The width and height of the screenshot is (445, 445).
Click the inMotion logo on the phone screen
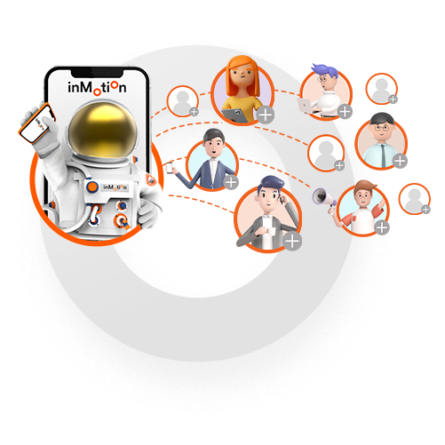[x=97, y=88]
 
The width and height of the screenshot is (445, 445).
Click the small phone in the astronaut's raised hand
[x=37, y=123]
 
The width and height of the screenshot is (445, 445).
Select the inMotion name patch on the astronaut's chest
[x=115, y=187]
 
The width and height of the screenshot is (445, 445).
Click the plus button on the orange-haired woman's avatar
[x=266, y=115]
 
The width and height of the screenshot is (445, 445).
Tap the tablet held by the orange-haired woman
[x=235, y=115]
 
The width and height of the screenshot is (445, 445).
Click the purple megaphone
[x=324, y=197]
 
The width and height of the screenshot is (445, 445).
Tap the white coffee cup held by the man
[x=269, y=232]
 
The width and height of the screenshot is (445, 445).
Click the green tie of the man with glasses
[x=384, y=155]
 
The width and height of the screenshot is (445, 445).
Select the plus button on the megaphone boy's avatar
[x=382, y=227]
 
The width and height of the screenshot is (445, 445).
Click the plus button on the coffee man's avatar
[x=292, y=241]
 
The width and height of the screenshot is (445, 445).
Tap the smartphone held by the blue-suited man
[x=170, y=168]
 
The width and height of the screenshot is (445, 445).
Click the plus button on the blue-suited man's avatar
[x=231, y=182]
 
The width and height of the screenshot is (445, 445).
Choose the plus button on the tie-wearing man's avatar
[x=400, y=161]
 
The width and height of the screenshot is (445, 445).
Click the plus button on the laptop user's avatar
[x=345, y=112]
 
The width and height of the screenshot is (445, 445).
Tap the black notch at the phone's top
[x=97, y=73]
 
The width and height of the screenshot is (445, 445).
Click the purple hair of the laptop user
[x=326, y=70]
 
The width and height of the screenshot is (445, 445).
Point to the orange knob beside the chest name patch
[x=92, y=187]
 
